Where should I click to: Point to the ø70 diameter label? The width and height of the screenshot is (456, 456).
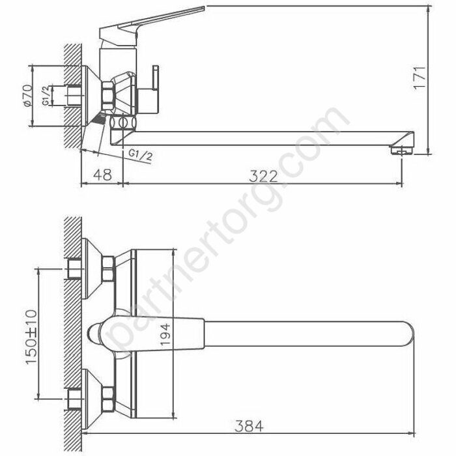pos(27,96)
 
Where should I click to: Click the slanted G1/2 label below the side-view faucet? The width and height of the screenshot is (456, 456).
pos(141,155)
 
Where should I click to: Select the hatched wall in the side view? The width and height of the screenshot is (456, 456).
pos(73,98)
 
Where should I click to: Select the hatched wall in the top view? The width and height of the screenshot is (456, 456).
pos(74,326)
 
